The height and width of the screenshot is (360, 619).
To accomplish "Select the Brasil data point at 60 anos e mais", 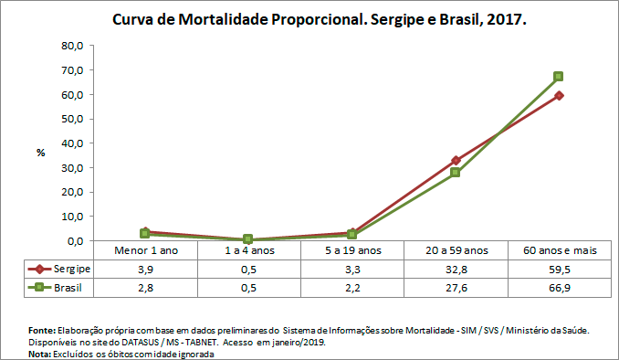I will click(x=558, y=76).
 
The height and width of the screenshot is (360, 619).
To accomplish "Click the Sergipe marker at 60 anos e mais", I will click(x=558, y=95).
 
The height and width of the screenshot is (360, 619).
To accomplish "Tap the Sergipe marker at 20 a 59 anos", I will click(x=455, y=160).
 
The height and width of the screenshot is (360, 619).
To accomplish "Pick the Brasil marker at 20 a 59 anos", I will click(x=455, y=172).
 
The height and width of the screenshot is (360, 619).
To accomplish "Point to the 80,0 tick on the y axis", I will click(x=72, y=46).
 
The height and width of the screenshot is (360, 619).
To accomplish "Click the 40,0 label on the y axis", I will click(x=72, y=143).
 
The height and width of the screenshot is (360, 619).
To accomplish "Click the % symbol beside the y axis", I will click(x=41, y=153).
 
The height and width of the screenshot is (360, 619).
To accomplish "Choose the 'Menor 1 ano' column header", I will click(x=146, y=250).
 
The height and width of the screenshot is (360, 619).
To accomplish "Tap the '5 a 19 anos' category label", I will click(x=351, y=250).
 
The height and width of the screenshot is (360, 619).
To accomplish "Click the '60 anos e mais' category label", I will click(x=558, y=250).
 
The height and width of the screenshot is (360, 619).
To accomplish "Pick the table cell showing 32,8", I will click(x=455, y=269).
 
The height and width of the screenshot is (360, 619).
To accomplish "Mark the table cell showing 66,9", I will click(x=558, y=287).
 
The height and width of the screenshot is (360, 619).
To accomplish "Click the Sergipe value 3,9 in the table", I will click(x=146, y=269).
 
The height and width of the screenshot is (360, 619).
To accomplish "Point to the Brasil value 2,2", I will click(x=351, y=287).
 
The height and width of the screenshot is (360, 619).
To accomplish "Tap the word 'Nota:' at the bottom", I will click(x=41, y=354).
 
